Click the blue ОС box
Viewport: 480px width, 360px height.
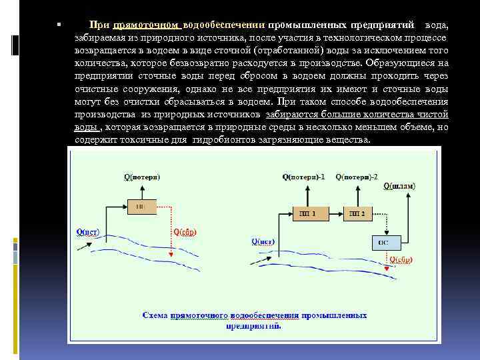[x=383, y=242]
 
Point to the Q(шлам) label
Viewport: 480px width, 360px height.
[x=398, y=187]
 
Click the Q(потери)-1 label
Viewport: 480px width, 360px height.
[x=303, y=177]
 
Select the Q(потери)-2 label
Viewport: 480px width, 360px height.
[x=356, y=177]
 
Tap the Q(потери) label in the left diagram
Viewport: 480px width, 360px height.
[x=141, y=177]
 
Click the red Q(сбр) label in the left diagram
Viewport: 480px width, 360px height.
[x=185, y=232]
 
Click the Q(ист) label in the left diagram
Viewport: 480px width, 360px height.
[x=88, y=232]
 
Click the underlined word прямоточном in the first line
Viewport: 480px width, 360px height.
[x=147, y=25]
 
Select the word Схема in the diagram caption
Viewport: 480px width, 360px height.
[x=155, y=314]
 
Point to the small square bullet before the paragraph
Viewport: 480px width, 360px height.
[x=59, y=25]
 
